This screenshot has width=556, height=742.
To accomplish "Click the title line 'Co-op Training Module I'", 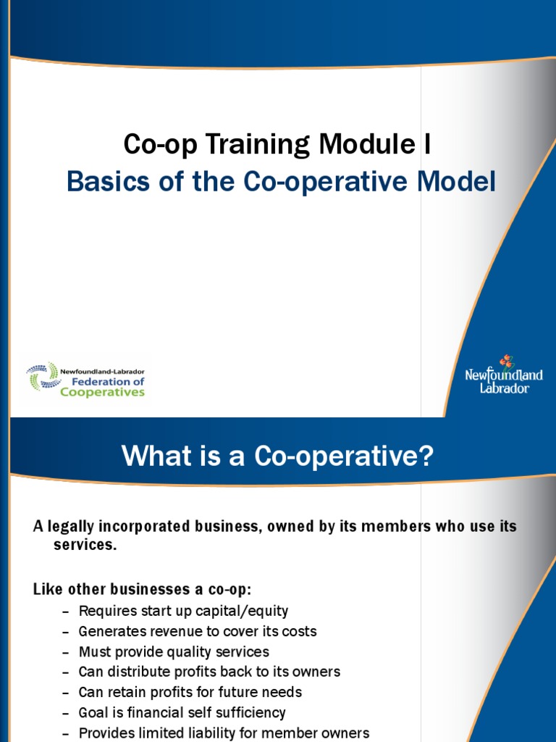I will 277,145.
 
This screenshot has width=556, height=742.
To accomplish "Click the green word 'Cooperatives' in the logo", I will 102,392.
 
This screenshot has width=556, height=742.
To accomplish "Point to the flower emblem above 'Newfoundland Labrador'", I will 505,361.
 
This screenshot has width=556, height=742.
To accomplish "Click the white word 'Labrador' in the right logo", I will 505,388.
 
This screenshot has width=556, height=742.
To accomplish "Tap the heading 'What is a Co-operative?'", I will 277,457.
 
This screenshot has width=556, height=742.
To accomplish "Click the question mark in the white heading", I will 426,457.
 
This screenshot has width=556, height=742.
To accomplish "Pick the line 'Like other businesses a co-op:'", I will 142,589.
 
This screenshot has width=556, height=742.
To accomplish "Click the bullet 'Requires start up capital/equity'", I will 183,611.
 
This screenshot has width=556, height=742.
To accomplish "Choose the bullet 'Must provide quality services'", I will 174,651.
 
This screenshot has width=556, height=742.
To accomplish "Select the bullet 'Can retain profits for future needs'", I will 190,692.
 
